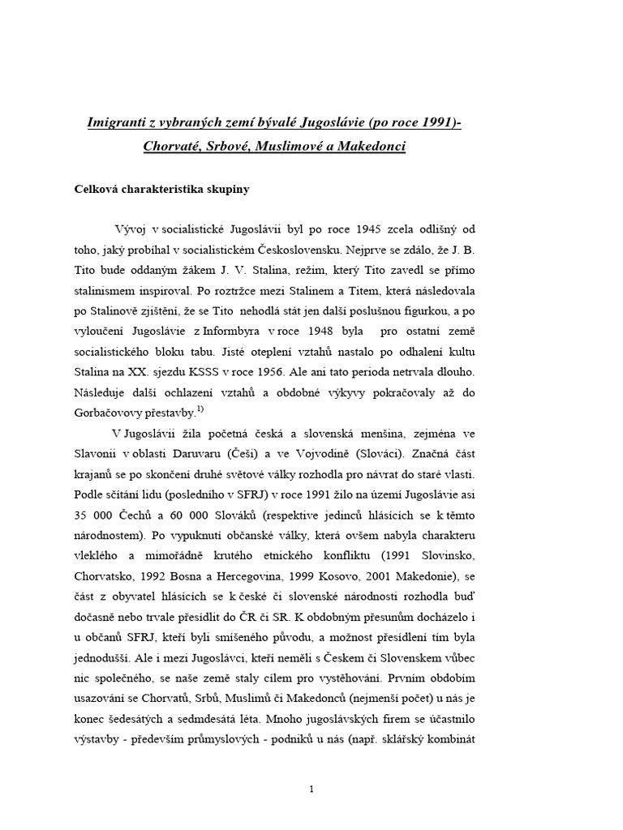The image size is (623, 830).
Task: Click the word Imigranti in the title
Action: click(118, 123)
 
